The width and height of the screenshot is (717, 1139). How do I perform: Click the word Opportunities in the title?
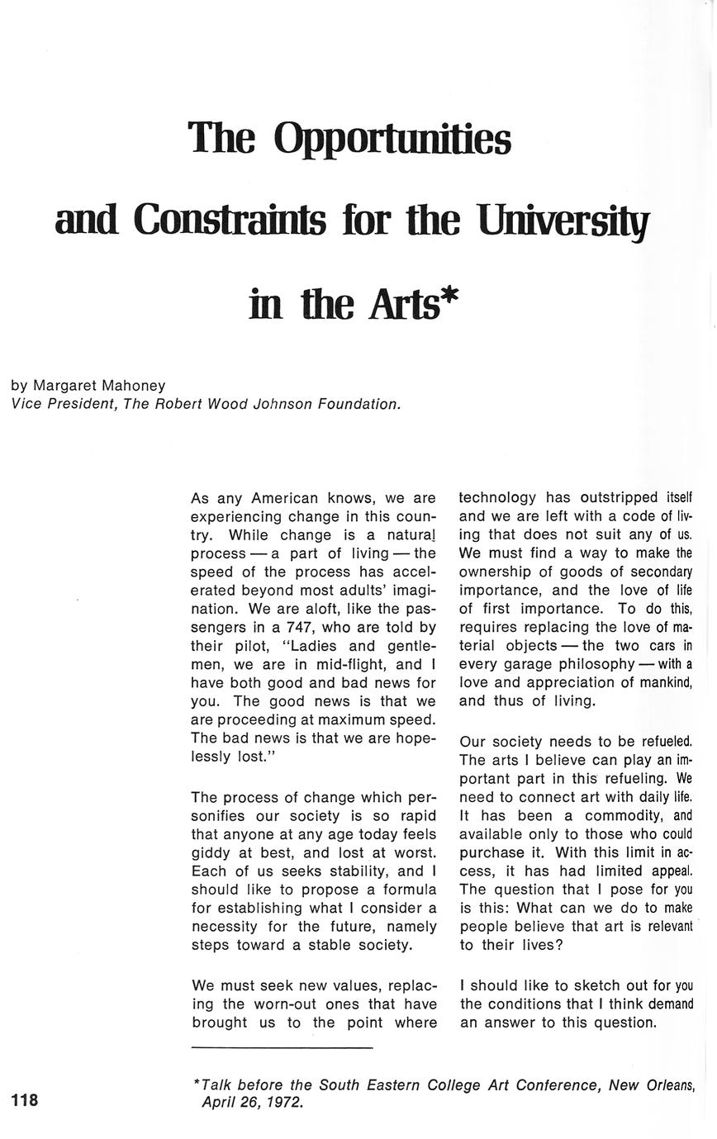(392, 138)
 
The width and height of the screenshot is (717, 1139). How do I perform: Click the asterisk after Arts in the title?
(449, 297)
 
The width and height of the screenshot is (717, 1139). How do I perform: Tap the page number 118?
(25, 1100)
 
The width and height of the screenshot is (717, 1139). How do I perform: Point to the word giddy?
(211, 852)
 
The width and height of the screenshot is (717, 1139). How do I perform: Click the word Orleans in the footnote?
(667, 1085)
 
